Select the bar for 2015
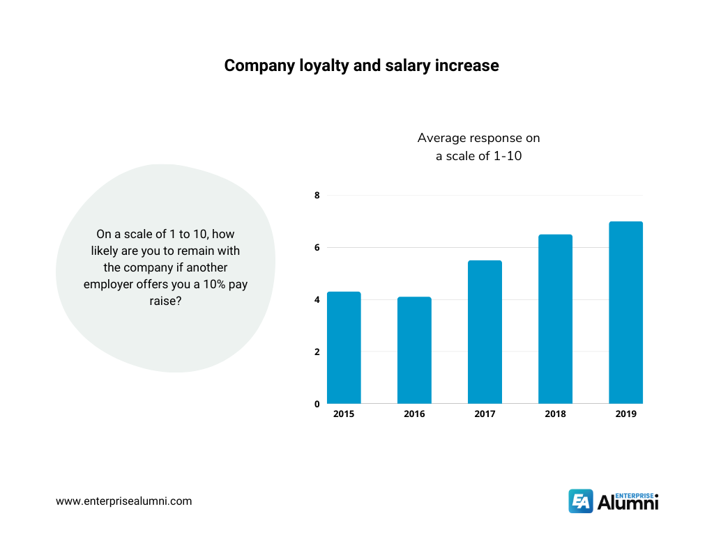pyautogui.click(x=344, y=347)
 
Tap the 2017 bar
pyautogui.click(x=485, y=332)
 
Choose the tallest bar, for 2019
pyautogui.click(x=626, y=313)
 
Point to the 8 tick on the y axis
pyautogui.click(x=317, y=196)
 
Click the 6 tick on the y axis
pyautogui.click(x=317, y=248)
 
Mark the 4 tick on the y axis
pyautogui.click(x=317, y=300)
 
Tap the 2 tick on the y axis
pyautogui.click(x=317, y=352)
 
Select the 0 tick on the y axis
pyautogui.click(x=317, y=404)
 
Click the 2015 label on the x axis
pyautogui.click(x=344, y=414)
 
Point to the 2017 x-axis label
pyautogui.click(x=485, y=414)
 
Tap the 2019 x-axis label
pyautogui.click(x=626, y=414)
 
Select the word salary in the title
pyautogui.click(x=403, y=66)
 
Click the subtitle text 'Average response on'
pyautogui.click(x=478, y=138)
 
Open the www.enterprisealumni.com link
pyautogui.click(x=123, y=501)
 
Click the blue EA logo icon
pyautogui.click(x=581, y=501)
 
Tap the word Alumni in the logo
pyautogui.click(x=628, y=503)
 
